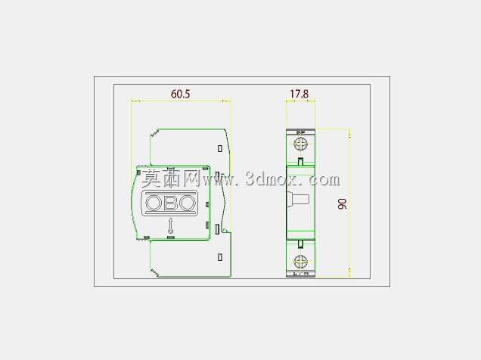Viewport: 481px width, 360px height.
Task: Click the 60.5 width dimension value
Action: point(180,94)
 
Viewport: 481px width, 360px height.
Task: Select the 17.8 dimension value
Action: point(299,94)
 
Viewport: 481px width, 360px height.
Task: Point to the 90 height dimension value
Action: point(342,203)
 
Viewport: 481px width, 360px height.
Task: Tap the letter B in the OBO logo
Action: point(169,203)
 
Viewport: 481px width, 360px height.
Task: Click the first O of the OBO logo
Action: point(154,203)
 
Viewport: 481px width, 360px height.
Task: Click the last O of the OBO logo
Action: point(186,203)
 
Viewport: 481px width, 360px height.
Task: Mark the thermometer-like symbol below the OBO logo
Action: point(170,226)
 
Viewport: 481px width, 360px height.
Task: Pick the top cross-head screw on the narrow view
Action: point(301,144)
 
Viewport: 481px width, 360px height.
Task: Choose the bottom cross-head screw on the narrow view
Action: point(301,262)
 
